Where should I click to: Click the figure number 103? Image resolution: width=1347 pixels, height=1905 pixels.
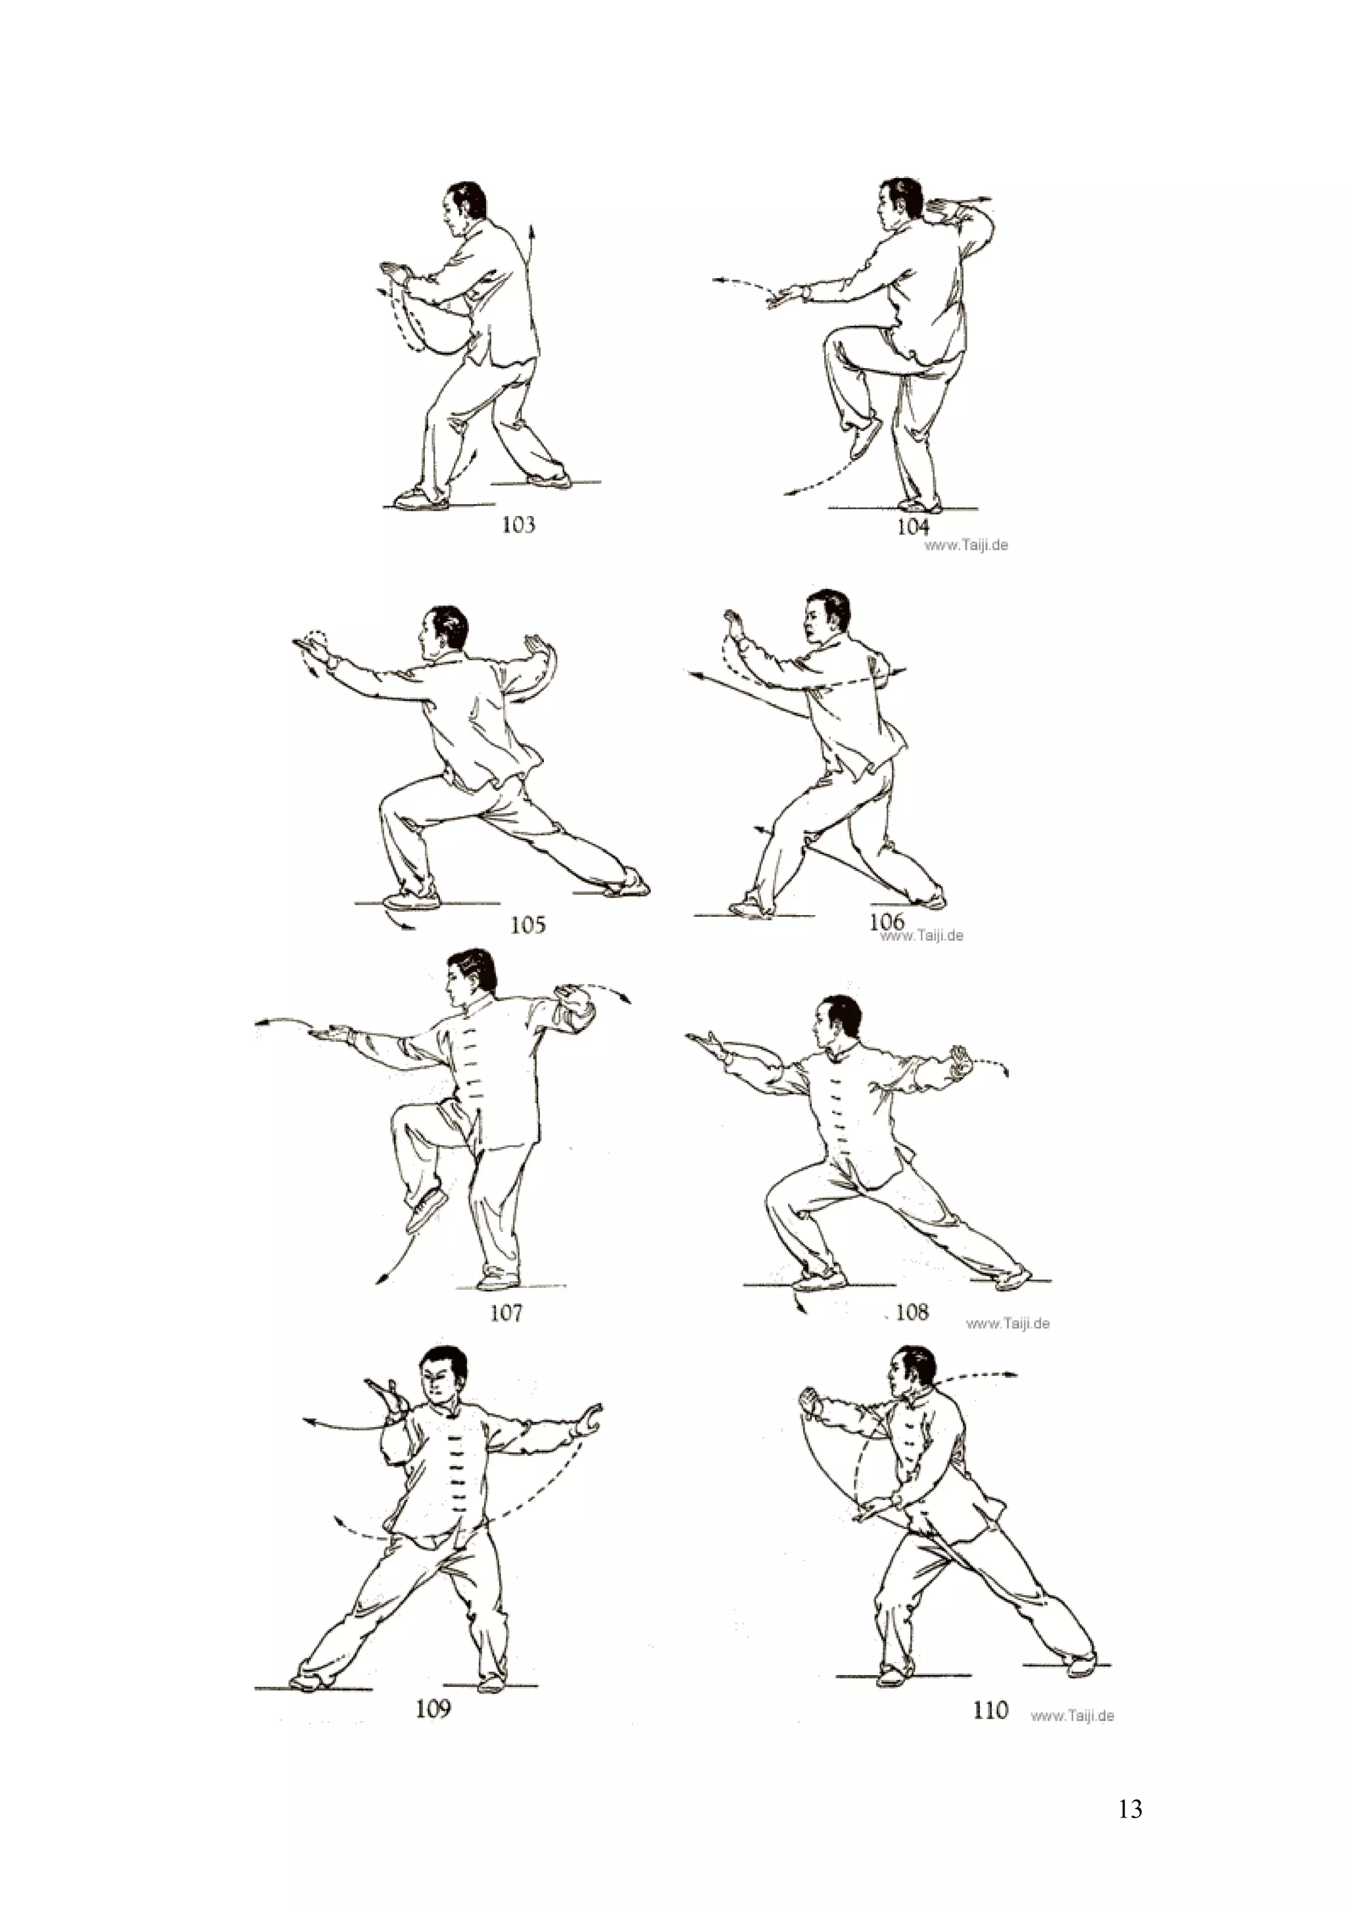coord(518,525)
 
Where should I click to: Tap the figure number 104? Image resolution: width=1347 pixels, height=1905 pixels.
coord(912,526)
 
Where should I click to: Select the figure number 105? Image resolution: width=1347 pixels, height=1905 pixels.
coord(527,924)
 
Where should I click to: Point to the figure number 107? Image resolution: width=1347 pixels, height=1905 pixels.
coord(506,1313)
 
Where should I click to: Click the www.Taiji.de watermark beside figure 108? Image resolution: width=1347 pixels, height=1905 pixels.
coord(1008,1323)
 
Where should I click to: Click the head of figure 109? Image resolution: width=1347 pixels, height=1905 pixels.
coord(441,1378)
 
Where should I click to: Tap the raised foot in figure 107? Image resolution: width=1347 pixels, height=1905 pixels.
coord(427,1211)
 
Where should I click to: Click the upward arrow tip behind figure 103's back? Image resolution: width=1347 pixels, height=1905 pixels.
coord(531,225)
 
